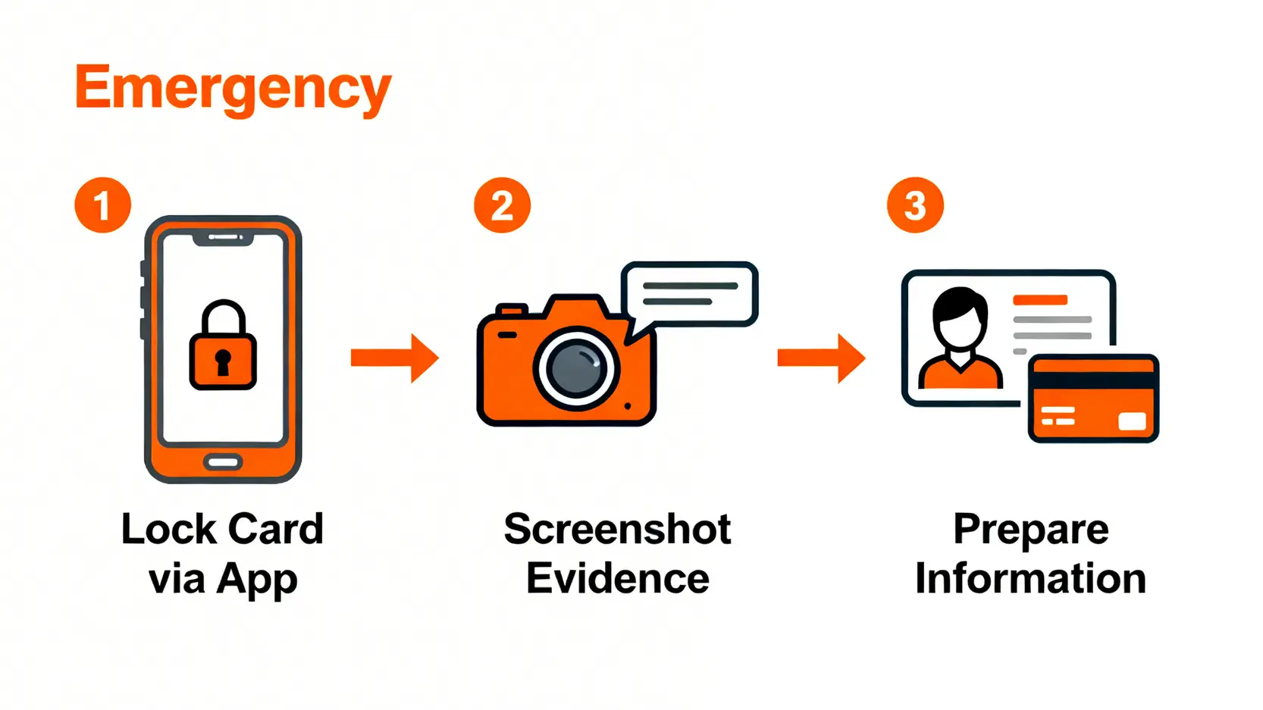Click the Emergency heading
tap(233, 89)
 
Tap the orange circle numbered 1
tap(103, 205)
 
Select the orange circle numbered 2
tap(502, 205)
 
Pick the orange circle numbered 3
tap(915, 205)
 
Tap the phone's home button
tap(223, 462)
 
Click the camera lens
tap(577, 369)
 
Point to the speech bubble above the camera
tap(689, 295)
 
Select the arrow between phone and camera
tap(394, 358)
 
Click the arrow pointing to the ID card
tap(821, 358)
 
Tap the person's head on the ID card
tap(960, 318)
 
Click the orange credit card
tap(1093, 399)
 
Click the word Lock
tap(168, 529)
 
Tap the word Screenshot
tap(617, 529)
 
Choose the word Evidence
tap(617, 579)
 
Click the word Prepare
tap(1030, 529)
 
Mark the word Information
tap(1030, 579)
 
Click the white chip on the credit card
tap(1132, 421)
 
